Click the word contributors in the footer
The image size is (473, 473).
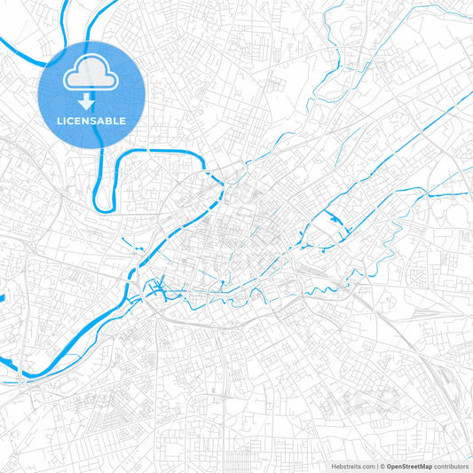click(x=453, y=465)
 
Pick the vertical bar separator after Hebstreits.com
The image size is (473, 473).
click(x=375, y=465)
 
